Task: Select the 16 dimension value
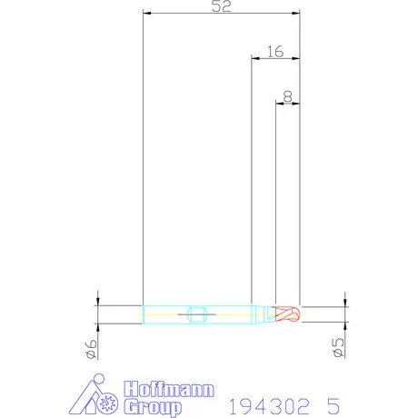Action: pos(275,53)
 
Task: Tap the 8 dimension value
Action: pos(287,94)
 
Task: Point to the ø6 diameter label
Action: pos(91,348)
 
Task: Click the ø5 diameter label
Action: pos(338,348)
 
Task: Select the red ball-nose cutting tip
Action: pos(288,314)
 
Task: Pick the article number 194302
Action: pos(261,404)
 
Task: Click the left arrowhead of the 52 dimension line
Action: pos(147,15)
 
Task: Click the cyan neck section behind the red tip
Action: pos(264,314)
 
